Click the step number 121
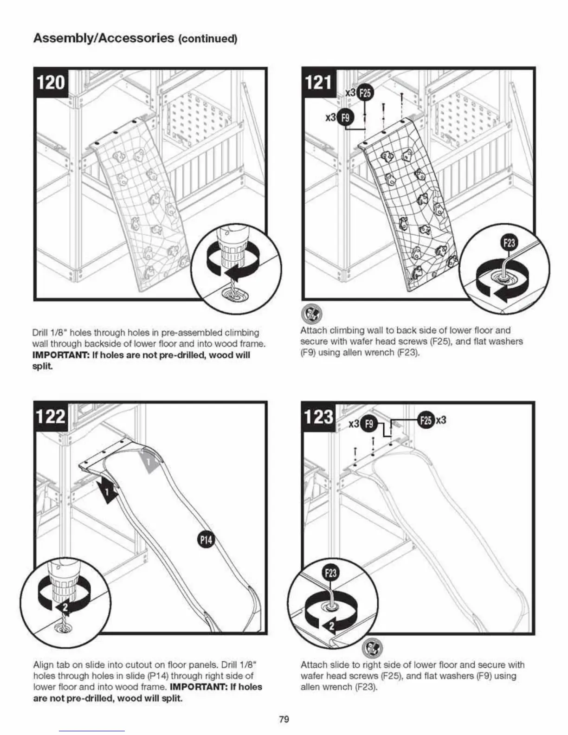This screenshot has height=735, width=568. click(318, 83)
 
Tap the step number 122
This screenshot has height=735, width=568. click(51, 416)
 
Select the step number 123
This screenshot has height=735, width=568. click(318, 416)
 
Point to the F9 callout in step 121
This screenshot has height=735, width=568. click(345, 118)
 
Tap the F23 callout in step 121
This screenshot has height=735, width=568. click(509, 243)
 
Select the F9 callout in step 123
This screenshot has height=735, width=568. click(369, 424)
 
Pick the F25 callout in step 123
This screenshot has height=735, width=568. click(426, 420)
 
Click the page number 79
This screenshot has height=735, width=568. click(284, 719)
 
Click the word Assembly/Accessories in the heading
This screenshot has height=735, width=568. click(103, 38)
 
